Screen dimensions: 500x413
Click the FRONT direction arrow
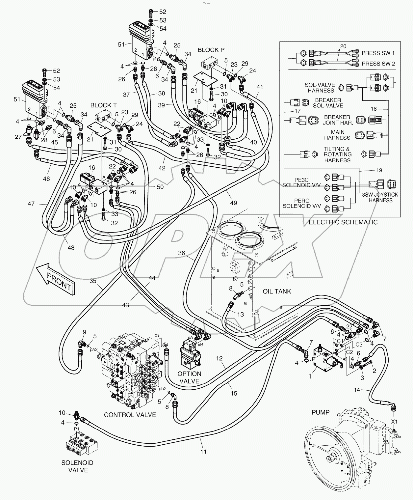click(55, 279)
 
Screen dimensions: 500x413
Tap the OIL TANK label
click(277, 291)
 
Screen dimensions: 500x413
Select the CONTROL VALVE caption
click(130, 415)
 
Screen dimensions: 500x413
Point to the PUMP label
click(320, 412)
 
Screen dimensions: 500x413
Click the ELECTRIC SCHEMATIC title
click(343, 222)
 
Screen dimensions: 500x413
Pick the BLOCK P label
click(211, 50)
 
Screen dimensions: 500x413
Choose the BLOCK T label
click(103, 105)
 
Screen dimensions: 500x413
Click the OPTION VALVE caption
click(189, 377)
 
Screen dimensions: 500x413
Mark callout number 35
click(93, 281)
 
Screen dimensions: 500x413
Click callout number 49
click(233, 203)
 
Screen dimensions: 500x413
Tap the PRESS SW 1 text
click(378, 53)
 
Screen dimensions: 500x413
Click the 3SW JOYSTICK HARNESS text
click(380, 197)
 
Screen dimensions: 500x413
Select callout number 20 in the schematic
click(343, 46)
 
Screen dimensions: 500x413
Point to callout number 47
click(31, 204)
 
